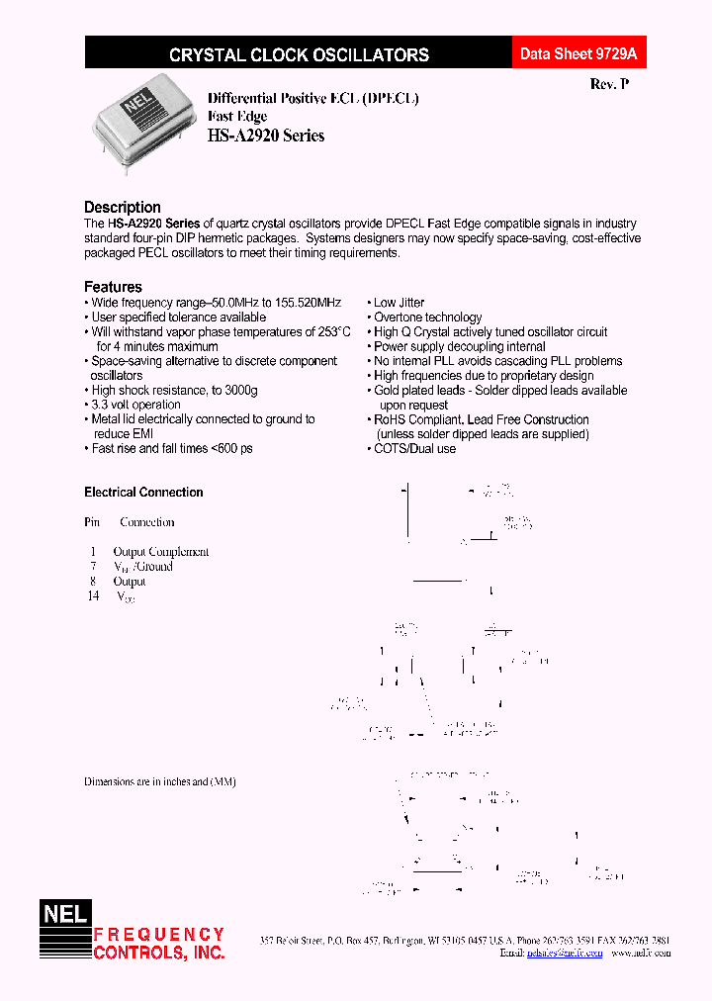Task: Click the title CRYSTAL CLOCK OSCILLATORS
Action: pos(299,55)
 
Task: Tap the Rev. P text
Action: pos(608,85)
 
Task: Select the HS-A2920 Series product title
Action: pos(265,136)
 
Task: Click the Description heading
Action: pos(122,207)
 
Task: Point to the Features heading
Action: pos(113,287)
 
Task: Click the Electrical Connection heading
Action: pos(143,493)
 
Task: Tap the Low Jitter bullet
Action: pos(399,303)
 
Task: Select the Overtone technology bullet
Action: pos(427,318)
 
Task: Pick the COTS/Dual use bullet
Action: pos(414,448)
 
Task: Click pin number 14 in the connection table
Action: pos(93,596)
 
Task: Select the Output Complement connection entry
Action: pos(161,552)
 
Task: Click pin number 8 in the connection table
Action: pos(93,582)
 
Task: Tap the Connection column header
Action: pos(146,522)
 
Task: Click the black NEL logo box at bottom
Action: pos(64,914)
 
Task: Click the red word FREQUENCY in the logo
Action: pos(159,935)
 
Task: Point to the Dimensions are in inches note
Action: pos(159,781)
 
